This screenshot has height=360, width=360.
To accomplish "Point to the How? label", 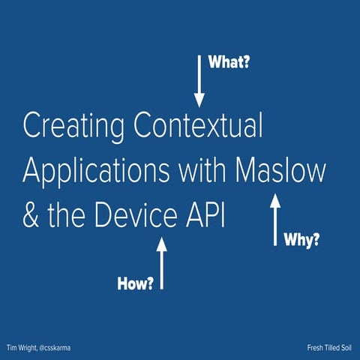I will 136,283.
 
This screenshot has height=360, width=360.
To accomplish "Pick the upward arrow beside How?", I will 161,262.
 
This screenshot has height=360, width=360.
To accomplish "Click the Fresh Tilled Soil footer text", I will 328,347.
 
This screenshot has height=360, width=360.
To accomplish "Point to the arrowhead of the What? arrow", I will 199,100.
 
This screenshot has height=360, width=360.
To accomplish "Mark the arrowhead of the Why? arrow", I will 275,199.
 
